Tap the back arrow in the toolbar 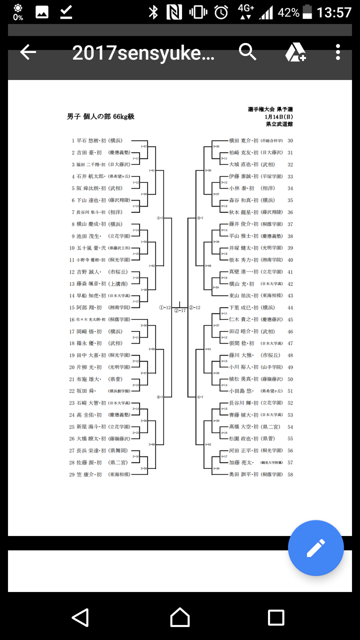coord(28,52)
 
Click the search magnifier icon coord(247,51)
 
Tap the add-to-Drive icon coord(295,52)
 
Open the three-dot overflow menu coord(338,52)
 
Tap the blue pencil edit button coord(315,548)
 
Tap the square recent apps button coord(276,617)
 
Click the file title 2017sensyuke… coord(143,52)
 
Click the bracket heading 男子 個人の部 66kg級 coord(100,117)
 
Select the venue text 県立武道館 coord(280,123)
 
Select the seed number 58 coord(290,474)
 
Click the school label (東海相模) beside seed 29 coord(118,474)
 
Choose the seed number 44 coord(290,307)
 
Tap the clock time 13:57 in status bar coord(334,12)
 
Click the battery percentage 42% coord(288,12)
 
